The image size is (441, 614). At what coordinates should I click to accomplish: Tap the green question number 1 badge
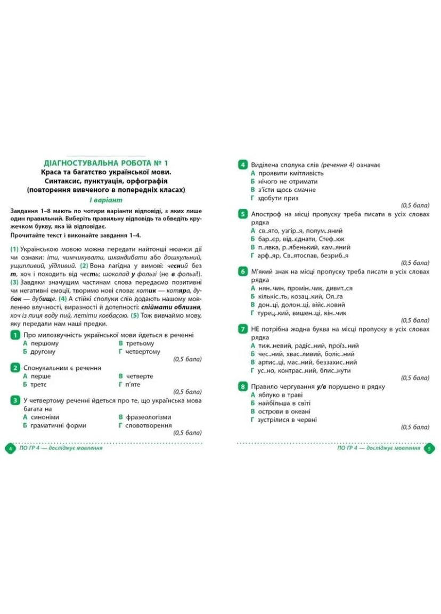pos(15,335)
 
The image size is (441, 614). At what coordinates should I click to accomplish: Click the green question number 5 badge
pos(242,214)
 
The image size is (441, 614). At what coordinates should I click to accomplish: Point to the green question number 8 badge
pos(242,386)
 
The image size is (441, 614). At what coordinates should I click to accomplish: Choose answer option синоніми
pos(45,417)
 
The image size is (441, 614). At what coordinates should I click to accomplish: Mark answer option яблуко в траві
pos(280,395)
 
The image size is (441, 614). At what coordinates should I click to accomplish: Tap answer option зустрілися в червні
pos(287,419)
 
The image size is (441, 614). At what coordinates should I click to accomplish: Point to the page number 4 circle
pos(10,448)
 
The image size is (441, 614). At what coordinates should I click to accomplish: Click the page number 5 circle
pos(429,448)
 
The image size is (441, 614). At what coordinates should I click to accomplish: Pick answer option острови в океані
pos(284,411)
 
